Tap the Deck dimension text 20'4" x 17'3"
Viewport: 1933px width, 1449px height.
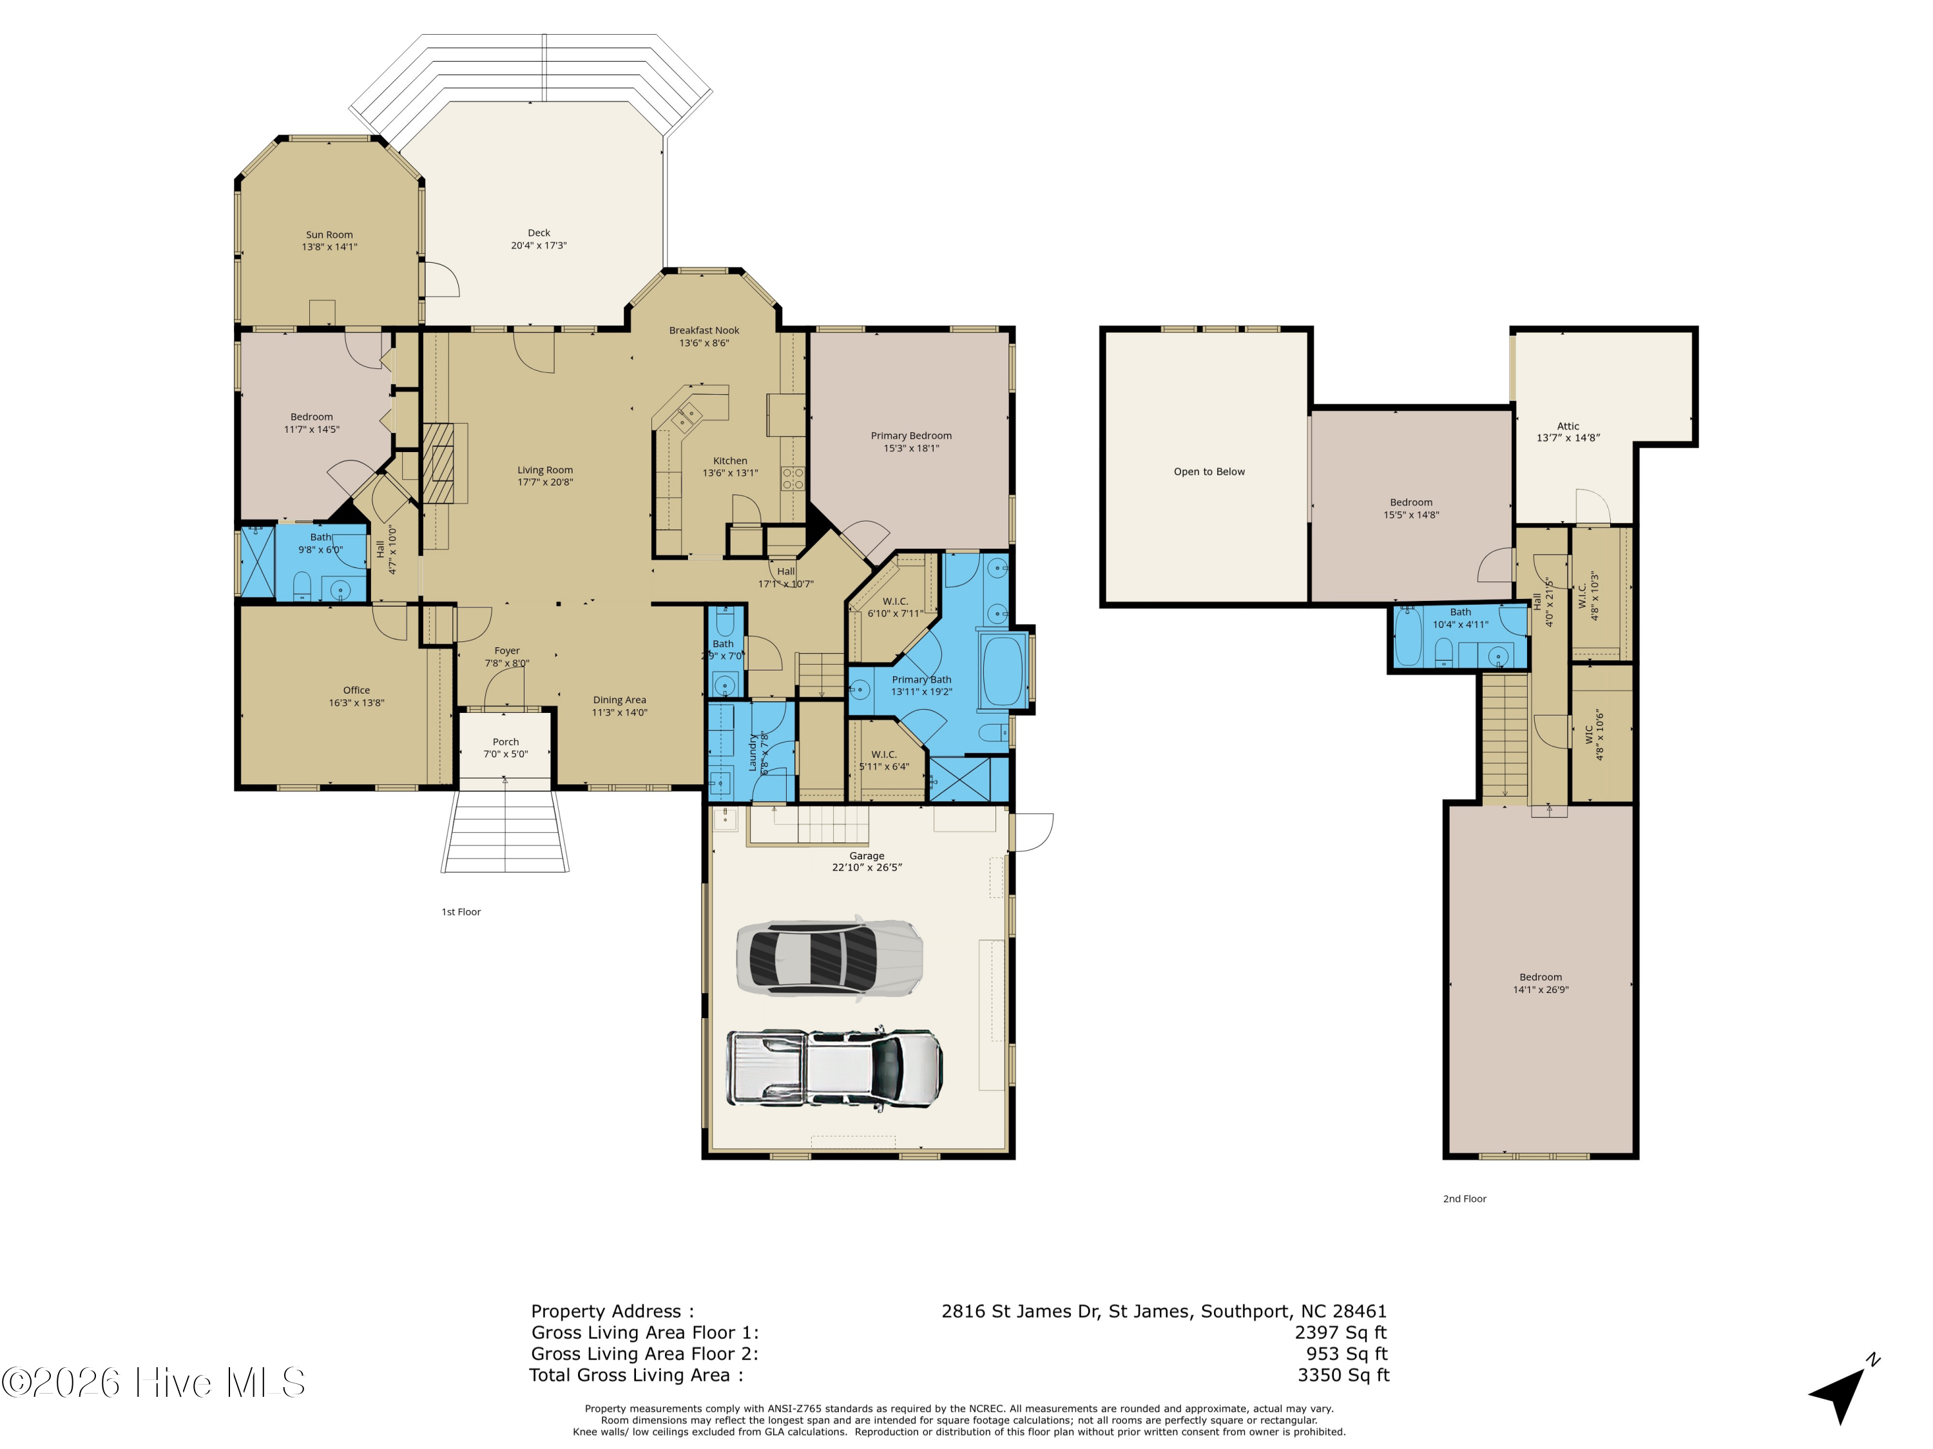coord(539,245)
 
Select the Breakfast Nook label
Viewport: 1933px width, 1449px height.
coord(704,330)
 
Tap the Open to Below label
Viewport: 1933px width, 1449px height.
coord(1209,471)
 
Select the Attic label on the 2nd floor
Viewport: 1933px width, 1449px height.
coord(1568,426)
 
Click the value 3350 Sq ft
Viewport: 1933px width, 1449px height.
coord(1344,1376)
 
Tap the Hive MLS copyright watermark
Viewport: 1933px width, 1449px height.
coord(154,1383)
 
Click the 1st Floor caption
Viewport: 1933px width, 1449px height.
coord(461,912)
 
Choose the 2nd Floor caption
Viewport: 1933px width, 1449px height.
coord(1465,1199)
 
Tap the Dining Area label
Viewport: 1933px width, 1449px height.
coord(620,699)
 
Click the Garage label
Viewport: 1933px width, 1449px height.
coord(867,856)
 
